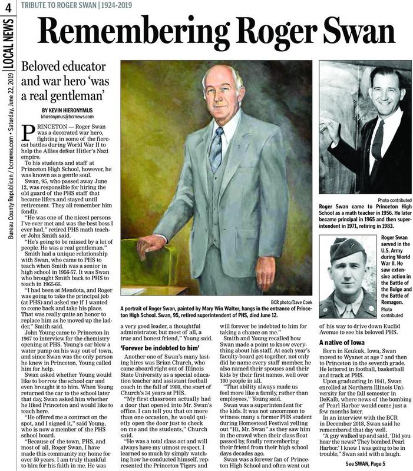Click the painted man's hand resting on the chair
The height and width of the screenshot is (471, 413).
click(150, 245)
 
